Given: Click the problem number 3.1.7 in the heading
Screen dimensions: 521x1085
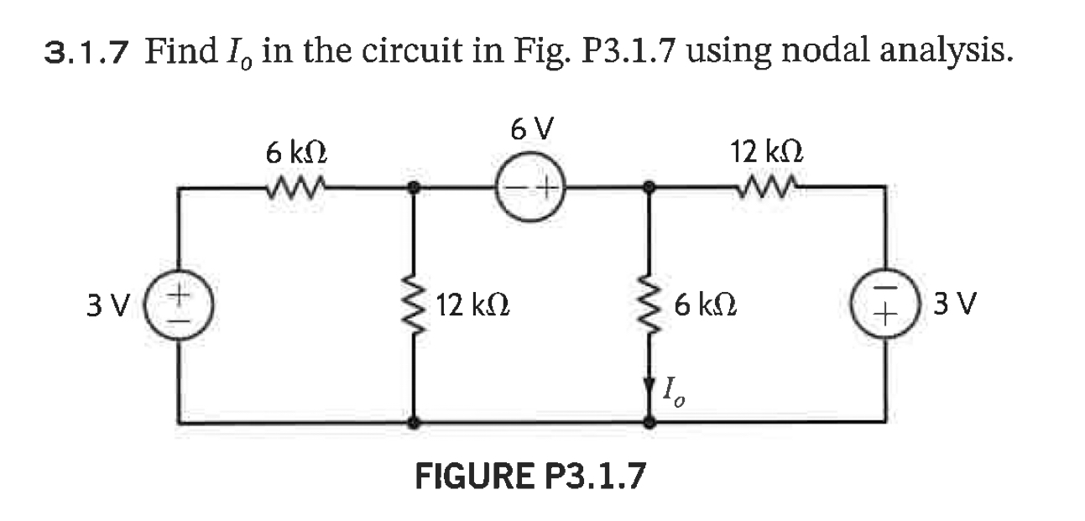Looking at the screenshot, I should pyautogui.click(x=86, y=55).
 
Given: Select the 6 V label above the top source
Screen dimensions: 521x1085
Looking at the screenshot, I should pyautogui.click(x=531, y=129).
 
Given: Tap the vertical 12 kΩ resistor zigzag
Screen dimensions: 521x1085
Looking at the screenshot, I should pyautogui.click(x=411, y=305).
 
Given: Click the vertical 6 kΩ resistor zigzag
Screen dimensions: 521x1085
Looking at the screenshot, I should pyautogui.click(x=649, y=305).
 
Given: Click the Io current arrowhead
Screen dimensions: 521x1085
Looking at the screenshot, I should pyautogui.click(x=649, y=390).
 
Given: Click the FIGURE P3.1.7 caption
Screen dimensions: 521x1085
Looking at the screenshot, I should pyautogui.click(x=531, y=477).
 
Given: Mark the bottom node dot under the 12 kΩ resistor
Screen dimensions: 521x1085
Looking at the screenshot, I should pyautogui.click(x=411, y=424).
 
